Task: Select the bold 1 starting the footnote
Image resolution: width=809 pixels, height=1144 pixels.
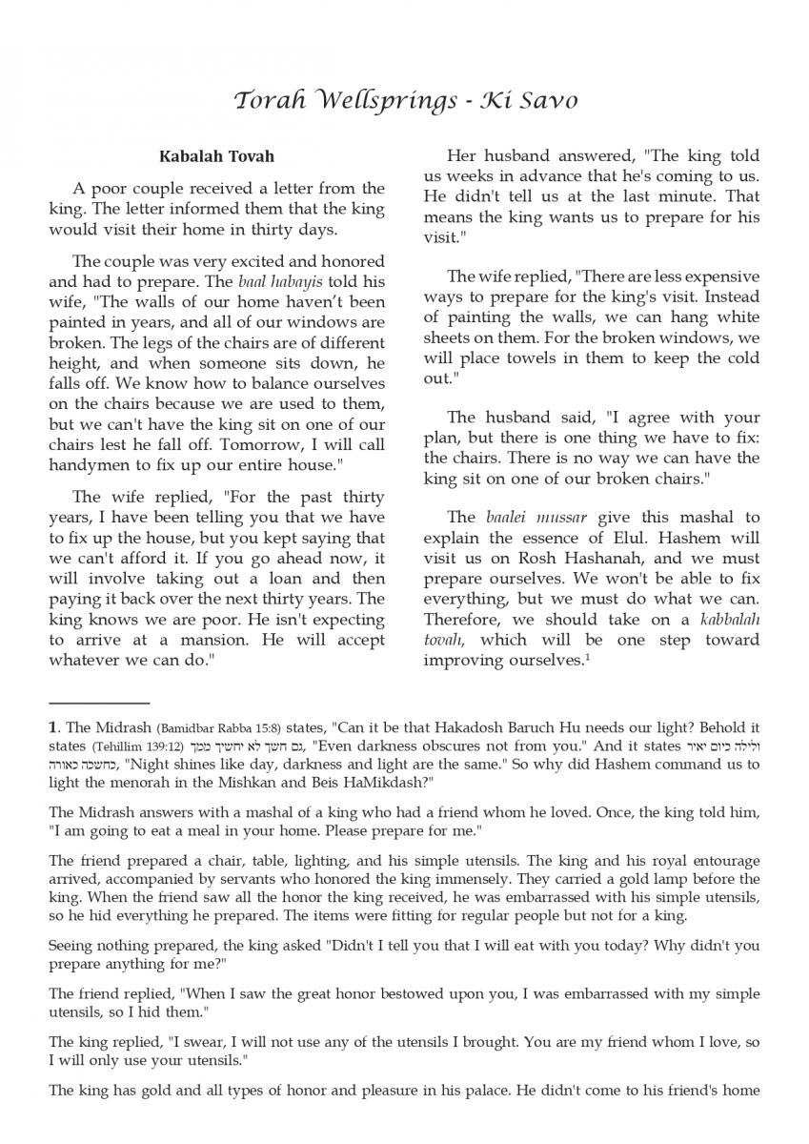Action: (x=52, y=727)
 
